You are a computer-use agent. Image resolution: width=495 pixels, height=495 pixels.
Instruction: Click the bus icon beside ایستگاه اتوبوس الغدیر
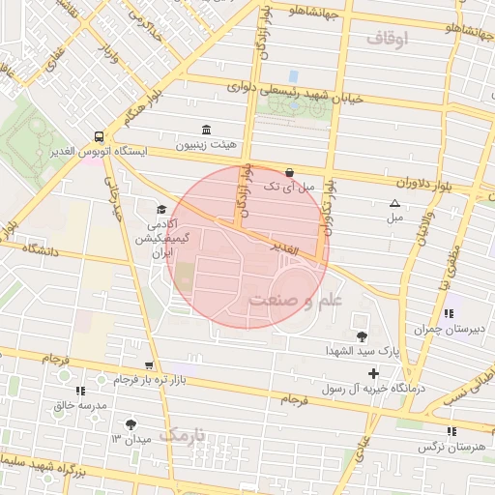tap(100, 136)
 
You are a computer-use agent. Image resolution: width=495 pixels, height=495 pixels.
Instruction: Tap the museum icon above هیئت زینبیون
tap(205, 131)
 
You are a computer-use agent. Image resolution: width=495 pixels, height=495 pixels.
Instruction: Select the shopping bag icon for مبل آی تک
tap(289, 172)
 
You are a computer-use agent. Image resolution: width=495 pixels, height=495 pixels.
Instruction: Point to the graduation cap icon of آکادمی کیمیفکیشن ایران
tap(160, 209)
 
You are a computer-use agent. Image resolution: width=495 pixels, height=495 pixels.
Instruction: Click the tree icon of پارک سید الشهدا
tap(362, 336)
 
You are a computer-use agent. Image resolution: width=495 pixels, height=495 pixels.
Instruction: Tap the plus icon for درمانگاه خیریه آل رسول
tap(373, 373)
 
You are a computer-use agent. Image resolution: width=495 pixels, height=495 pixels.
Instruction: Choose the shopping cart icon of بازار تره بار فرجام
tap(148, 365)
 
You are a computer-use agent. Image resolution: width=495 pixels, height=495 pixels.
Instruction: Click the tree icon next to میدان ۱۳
tap(131, 424)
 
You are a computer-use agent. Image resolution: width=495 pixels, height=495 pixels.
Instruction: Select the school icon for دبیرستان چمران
tap(450, 314)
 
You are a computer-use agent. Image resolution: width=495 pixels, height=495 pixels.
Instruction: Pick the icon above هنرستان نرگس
tap(451, 431)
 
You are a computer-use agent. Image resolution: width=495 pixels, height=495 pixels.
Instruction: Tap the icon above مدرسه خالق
tap(80, 391)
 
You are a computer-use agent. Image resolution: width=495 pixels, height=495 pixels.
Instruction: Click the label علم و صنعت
tap(295, 301)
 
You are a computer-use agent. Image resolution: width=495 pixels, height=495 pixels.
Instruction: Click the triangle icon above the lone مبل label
tap(393, 203)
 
